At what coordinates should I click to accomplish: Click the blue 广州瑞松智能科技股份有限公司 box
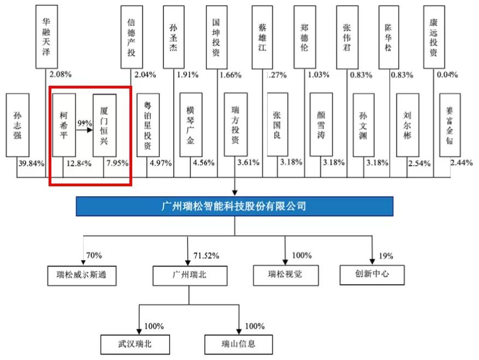point(234,206)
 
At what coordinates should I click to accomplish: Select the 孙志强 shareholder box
point(17,125)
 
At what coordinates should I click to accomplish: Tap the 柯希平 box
point(64,125)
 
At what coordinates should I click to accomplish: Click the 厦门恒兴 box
point(104,125)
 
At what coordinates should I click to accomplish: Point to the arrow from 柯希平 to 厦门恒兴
point(84,130)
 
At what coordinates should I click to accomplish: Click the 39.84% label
point(31,163)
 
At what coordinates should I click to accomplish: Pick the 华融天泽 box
point(46,37)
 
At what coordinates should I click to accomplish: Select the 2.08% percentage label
point(61,74)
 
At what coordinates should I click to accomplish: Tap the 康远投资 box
point(434,37)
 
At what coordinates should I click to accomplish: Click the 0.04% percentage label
point(447,74)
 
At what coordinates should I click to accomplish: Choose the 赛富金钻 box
point(450,125)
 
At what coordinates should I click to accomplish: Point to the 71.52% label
point(206,256)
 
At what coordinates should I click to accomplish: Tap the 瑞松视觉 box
point(286,275)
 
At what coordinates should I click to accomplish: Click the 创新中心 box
point(372,275)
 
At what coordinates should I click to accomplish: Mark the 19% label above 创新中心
point(386,256)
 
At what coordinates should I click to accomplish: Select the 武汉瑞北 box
point(135,344)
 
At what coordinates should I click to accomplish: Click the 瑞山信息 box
point(238,344)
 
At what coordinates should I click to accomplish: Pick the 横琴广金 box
point(191,125)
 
